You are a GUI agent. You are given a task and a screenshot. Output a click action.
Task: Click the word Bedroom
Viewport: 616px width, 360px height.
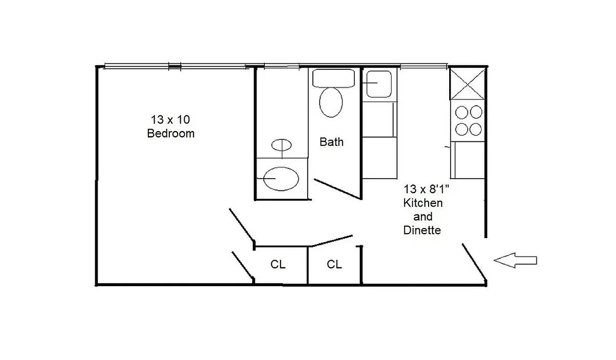pos(171,134)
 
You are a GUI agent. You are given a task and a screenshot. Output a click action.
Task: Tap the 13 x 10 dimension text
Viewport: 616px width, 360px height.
pos(170,120)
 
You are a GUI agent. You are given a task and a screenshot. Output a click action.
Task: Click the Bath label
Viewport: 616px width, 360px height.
pos(331,142)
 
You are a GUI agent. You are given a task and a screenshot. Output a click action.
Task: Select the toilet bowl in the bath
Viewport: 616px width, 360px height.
pos(331,102)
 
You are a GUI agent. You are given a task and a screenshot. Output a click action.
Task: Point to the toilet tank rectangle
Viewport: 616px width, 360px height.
pos(334,78)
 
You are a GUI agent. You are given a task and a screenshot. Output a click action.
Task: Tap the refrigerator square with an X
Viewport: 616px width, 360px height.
pos(467,83)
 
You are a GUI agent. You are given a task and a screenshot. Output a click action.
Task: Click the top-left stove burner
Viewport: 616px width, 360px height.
pos(461,112)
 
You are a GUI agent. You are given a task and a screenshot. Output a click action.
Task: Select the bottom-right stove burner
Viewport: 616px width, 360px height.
pos(475,130)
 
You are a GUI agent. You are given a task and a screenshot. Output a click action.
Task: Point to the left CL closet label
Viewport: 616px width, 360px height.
pos(278,265)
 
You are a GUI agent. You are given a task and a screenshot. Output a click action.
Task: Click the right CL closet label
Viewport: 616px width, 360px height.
pos(334,265)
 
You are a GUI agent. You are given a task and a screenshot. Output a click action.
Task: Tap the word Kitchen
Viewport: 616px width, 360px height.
pos(423,203)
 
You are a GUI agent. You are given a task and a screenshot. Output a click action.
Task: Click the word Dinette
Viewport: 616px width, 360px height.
pos(422,230)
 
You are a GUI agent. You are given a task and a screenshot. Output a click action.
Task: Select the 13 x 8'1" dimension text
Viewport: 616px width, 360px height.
pos(427,189)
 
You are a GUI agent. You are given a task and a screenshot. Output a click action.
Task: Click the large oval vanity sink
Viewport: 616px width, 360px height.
pos(281,179)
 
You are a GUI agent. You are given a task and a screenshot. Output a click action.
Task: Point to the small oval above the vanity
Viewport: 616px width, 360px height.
pos(282,145)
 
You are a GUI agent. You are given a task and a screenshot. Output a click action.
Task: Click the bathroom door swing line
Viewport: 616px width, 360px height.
pos(338,189)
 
